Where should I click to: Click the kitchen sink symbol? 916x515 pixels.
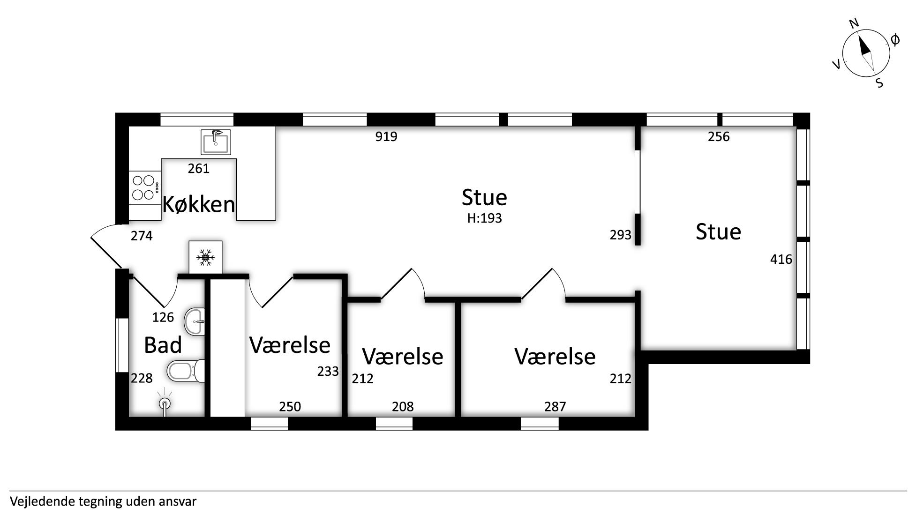pyautogui.click(x=216, y=142)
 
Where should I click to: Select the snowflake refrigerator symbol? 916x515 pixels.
pyautogui.click(x=205, y=257)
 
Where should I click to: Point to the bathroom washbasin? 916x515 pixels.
pyautogui.click(x=195, y=321)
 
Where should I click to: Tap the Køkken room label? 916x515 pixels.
pyautogui.click(x=198, y=204)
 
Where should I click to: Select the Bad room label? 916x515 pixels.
pyautogui.click(x=163, y=345)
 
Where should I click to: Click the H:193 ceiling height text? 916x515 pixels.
pyautogui.click(x=484, y=218)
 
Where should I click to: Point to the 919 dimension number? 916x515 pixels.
pyautogui.click(x=386, y=136)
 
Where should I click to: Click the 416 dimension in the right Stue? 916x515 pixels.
pyautogui.click(x=781, y=259)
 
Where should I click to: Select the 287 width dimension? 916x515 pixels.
pyautogui.click(x=555, y=406)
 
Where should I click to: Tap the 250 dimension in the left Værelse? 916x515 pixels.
pyautogui.click(x=290, y=406)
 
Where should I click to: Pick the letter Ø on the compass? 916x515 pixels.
pyautogui.click(x=894, y=40)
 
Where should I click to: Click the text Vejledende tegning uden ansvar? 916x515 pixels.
pyautogui.click(x=103, y=502)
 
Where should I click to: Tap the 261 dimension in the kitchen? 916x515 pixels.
pyautogui.click(x=198, y=168)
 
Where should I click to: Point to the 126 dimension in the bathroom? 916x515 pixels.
pyautogui.click(x=163, y=317)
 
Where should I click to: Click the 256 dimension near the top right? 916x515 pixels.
pyautogui.click(x=719, y=136)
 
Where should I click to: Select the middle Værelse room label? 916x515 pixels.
pyautogui.click(x=403, y=357)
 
